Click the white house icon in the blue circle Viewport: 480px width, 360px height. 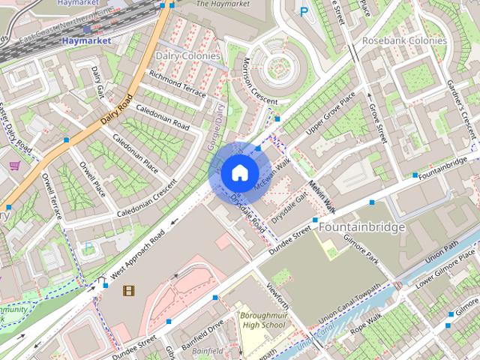pyautogui.click(x=239, y=172)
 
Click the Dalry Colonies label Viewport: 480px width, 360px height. pyautogui.click(x=187, y=55)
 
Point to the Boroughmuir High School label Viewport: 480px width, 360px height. pyautogui.click(x=263, y=320)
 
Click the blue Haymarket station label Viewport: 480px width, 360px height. pyautogui.click(x=86, y=40)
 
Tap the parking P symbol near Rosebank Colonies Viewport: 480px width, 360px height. pyautogui.click(x=304, y=11)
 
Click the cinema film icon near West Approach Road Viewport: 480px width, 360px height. pyautogui.click(x=130, y=290)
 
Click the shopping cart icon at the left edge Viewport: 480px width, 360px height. pyautogui.click(x=13, y=165)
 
